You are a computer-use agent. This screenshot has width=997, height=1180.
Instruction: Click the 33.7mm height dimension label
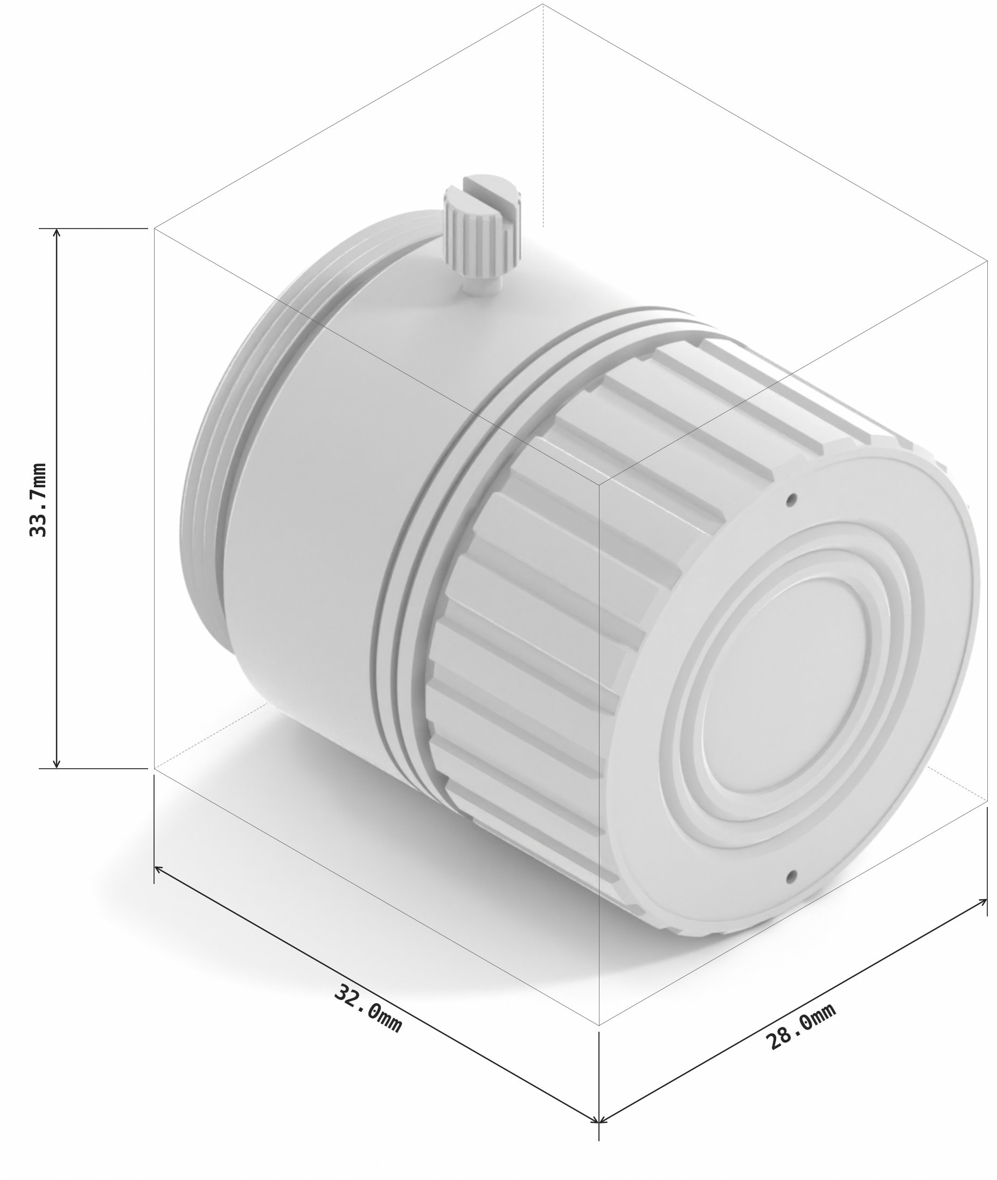[x=38, y=500]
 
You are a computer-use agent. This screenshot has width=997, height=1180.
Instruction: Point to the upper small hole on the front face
[x=792, y=499]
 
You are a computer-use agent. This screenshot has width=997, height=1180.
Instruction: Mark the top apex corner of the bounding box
[x=543, y=4]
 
